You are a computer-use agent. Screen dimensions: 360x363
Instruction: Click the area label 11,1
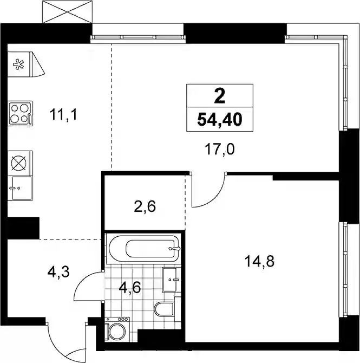(63, 115)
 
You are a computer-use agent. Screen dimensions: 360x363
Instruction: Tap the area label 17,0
(220, 150)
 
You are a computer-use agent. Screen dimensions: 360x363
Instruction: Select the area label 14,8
(259, 262)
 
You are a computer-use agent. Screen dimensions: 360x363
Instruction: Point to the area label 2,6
(145, 206)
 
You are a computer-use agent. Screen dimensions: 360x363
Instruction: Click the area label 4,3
(58, 272)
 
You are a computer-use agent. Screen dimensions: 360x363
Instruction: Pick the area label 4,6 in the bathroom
(130, 288)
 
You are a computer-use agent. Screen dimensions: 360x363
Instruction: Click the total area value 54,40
(220, 120)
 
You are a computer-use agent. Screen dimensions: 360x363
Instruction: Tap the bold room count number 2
(220, 96)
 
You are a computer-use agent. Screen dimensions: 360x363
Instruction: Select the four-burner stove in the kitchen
(20, 113)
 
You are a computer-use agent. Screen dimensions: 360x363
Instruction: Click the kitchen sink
(20, 188)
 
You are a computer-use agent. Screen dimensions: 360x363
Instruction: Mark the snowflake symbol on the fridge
(18, 64)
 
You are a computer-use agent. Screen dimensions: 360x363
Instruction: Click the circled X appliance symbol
(18, 163)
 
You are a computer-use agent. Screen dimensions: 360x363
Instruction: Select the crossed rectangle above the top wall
(67, 11)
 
